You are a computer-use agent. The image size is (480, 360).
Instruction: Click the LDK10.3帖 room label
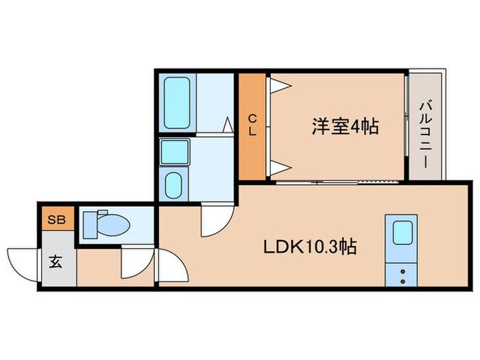[311, 247]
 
